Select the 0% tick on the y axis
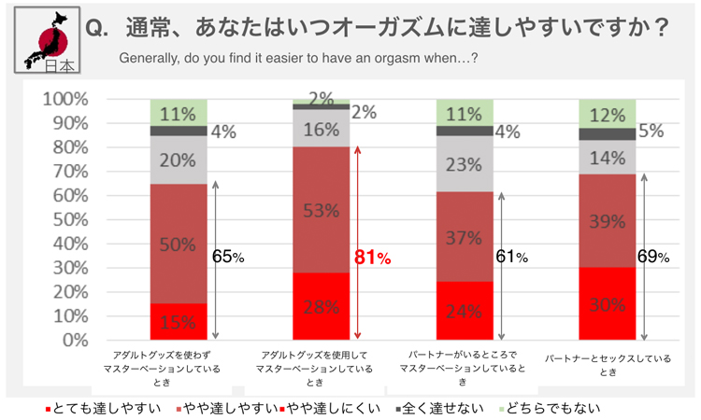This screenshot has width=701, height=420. pyautogui.click(x=75, y=341)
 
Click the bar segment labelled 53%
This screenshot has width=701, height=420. pyautogui.click(x=320, y=210)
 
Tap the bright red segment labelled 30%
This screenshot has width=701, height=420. pyautogui.click(x=608, y=304)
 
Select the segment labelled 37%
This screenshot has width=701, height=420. pyautogui.click(x=465, y=237)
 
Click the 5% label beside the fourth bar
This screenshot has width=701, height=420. pyautogui.click(x=651, y=132)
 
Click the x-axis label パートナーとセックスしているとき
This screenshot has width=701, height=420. pyautogui.click(x=608, y=365)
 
